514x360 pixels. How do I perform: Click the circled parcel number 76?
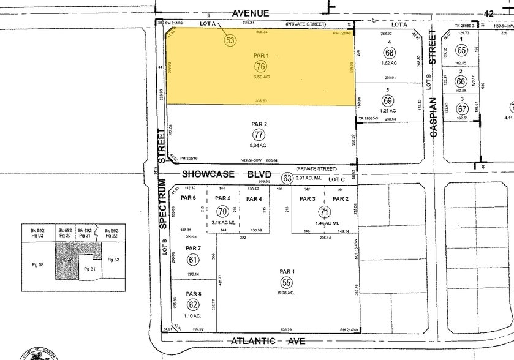tap(261, 66)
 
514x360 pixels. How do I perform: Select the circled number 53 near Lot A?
tap(230, 40)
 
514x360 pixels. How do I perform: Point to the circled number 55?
tap(286, 282)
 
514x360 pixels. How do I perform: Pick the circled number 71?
tap(323, 211)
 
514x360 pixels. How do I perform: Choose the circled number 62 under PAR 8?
tap(193, 304)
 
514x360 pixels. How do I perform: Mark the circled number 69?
tap(388, 100)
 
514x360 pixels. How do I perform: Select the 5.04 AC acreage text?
tap(259, 146)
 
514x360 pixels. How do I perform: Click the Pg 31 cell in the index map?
tap(90, 269)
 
